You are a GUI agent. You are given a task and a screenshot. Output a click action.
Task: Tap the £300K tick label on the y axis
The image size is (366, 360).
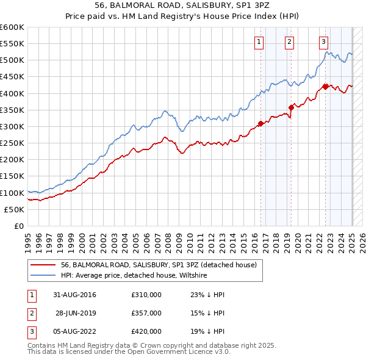pos(12,126)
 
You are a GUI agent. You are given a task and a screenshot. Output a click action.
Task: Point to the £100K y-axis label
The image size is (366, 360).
pos(12,193)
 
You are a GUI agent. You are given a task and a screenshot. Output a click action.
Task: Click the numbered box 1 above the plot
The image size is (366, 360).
pos(259,42)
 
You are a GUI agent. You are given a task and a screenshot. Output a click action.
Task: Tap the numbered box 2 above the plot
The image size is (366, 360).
pos(289,42)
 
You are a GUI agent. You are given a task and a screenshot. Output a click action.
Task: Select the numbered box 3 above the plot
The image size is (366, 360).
pos(323,42)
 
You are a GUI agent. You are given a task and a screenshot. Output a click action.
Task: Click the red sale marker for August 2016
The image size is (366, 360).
pos(261,123)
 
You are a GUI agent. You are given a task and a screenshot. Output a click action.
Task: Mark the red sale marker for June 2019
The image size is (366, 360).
pos(291,107)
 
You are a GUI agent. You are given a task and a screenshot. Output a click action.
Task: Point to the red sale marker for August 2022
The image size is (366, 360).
pos(325,87)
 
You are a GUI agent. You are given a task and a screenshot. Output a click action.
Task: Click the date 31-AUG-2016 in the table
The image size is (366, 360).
pos(75,295)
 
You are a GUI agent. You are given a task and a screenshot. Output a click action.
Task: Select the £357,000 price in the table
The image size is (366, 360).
pos(146,313)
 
